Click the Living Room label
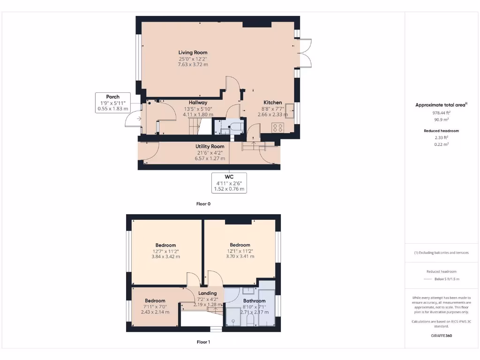193,52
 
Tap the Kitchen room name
272,103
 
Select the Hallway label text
198,103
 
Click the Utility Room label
210,147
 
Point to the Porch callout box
112,103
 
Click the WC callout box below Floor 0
229,183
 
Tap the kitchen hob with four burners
277,127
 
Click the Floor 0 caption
203,204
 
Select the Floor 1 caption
203,342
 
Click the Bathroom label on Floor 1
254,301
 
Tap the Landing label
208,293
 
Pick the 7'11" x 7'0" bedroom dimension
155,307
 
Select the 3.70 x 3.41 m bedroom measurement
240,256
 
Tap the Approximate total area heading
441,105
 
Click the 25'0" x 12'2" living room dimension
193,59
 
